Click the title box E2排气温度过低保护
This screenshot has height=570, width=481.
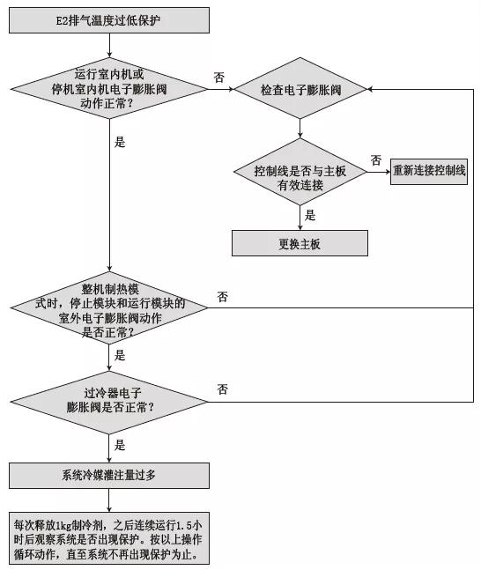point(109,18)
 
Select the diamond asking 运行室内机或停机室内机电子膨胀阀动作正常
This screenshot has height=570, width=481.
point(109,89)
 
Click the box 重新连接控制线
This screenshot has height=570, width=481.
point(429,172)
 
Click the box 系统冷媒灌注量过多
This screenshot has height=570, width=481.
point(109,477)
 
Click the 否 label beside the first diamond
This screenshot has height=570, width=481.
point(219,78)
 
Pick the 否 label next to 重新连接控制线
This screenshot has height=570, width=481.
point(376,160)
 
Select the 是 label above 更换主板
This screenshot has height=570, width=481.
point(309,214)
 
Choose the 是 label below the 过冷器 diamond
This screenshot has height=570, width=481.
point(120,446)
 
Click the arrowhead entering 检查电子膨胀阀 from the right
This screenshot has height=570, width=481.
point(373,90)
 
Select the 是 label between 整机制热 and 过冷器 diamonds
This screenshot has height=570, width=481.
point(120,356)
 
